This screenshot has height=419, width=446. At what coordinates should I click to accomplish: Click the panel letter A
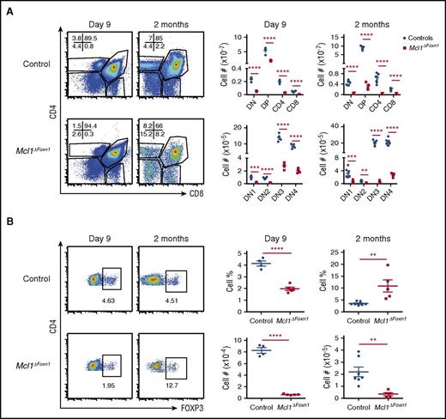coord(6,7)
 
